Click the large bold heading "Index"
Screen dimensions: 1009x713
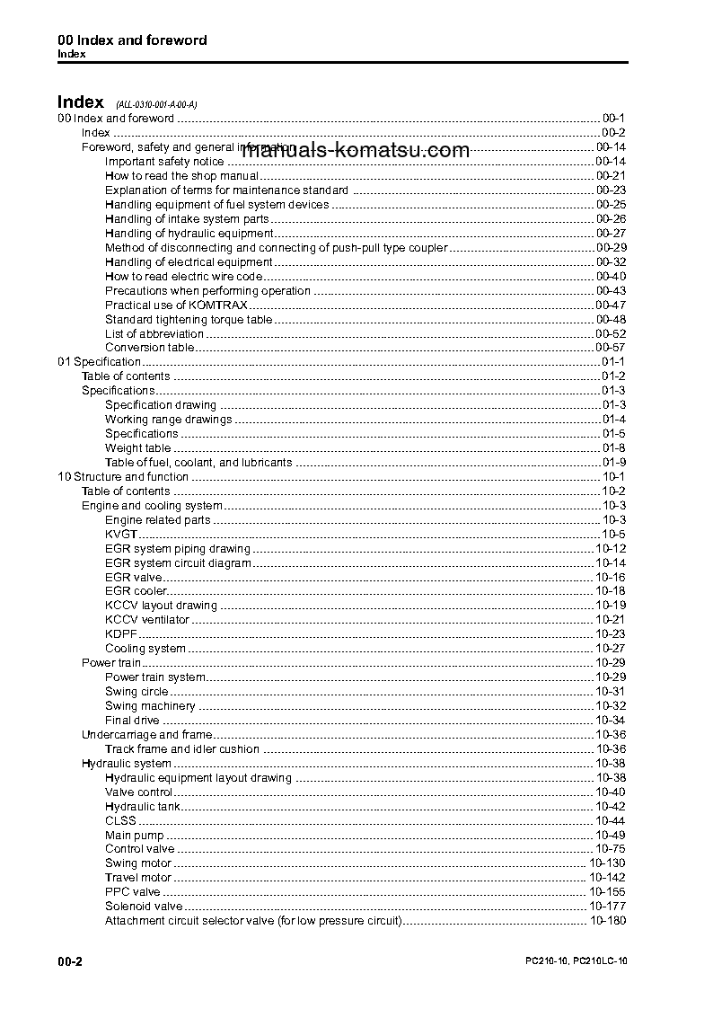[x=81, y=102]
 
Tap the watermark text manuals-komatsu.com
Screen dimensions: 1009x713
[x=356, y=150]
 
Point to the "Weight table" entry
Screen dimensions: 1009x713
[x=137, y=448]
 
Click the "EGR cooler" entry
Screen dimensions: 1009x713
[x=136, y=591]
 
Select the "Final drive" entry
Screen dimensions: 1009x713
[x=132, y=721]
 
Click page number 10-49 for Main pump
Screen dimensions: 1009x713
[x=611, y=836]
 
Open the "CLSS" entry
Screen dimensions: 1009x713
[x=120, y=821]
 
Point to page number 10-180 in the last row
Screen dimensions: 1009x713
[x=608, y=921]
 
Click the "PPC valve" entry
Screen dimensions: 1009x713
[x=133, y=892]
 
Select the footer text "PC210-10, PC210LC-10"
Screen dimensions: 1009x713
[x=576, y=961]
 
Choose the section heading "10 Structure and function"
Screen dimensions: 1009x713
[x=122, y=477]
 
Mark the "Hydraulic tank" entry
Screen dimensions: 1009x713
[x=142, y=807]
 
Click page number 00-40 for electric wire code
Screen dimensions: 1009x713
[x=611, y=277]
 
